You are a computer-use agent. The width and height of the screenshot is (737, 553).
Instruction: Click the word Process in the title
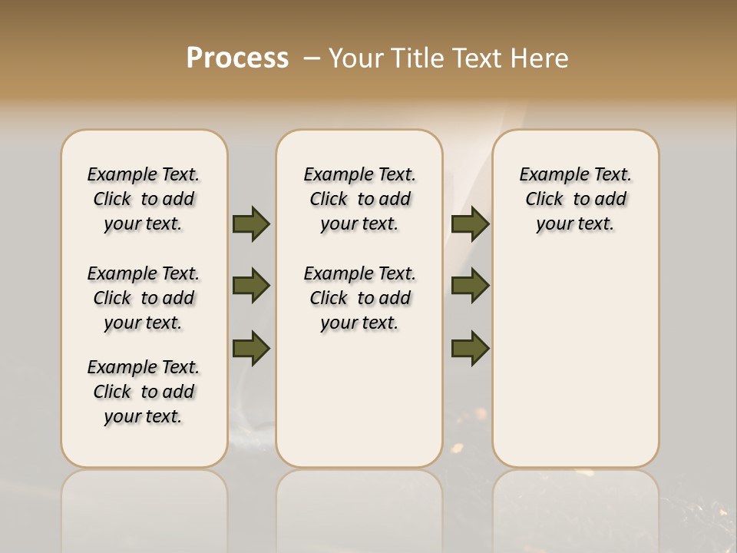click(237, 58)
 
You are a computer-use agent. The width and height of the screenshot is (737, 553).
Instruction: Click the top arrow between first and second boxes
click(251, 224)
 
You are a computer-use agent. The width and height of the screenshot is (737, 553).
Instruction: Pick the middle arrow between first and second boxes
click(251, 286)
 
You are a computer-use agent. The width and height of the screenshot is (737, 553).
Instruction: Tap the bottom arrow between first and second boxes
click(251, 348)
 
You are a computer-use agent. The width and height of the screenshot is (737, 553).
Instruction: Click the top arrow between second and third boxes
click(470, 224)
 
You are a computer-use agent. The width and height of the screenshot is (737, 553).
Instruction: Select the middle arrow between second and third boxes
click(470, 286)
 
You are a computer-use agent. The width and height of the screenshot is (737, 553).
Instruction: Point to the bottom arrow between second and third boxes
click(470, 348)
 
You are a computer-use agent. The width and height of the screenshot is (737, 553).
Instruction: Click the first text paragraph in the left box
click(144, 199)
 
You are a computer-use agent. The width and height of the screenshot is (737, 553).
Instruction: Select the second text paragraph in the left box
click(144, 298)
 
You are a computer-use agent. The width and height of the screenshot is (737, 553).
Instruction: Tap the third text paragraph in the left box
click(144, 392)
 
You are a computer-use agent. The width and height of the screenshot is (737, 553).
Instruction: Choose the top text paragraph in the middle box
click(359, 199)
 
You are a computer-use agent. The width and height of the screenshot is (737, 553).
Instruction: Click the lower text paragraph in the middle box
click(359, 298)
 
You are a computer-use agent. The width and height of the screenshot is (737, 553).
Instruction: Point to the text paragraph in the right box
click(576, 199)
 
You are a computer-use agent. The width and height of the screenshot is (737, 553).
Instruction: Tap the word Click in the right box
click(544, 200)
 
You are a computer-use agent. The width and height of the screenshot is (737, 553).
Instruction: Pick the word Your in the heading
click(355, 58)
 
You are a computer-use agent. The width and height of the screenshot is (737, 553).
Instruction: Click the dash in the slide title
click(311, 58)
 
